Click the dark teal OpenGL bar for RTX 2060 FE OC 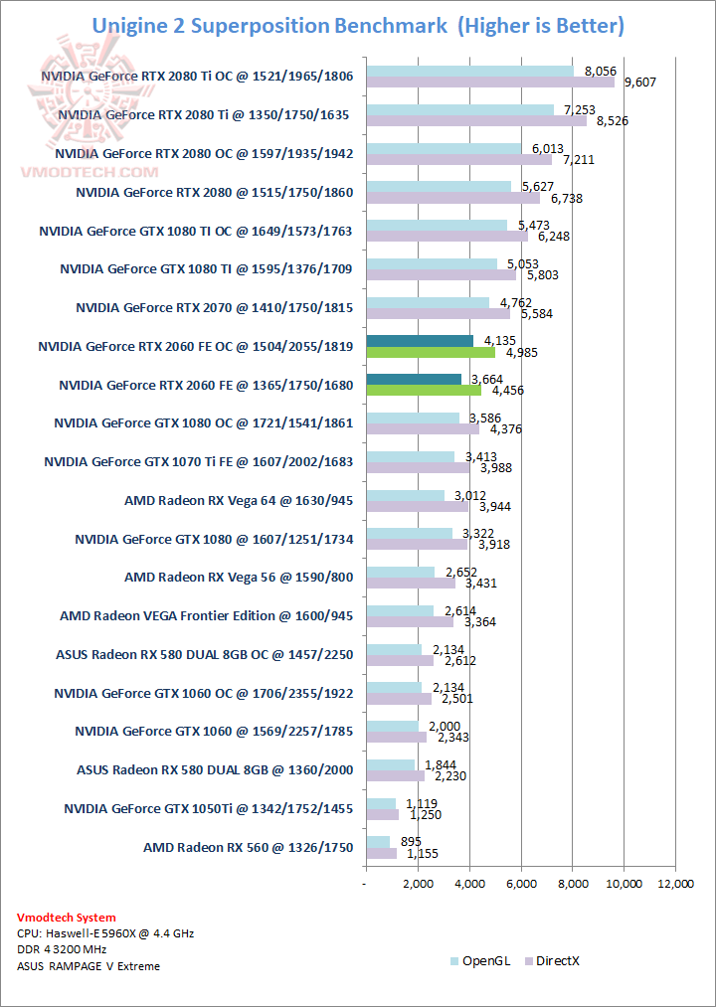point(420,341)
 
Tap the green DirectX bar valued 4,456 point(424,390)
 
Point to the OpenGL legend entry point(481,960)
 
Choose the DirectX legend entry point(559,960)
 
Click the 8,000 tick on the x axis point(573,884)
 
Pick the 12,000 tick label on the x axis point(676,884)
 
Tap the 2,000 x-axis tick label point(418,884)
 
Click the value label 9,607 point(641,83)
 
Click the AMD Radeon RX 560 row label point(249,847)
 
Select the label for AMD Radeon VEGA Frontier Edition point(206,615)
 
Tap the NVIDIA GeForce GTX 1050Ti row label point(208,808)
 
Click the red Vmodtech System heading point(67,918)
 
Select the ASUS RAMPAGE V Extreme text point(89,965)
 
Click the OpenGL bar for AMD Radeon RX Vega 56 point(401,572)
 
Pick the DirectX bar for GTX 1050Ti point(383,815)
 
